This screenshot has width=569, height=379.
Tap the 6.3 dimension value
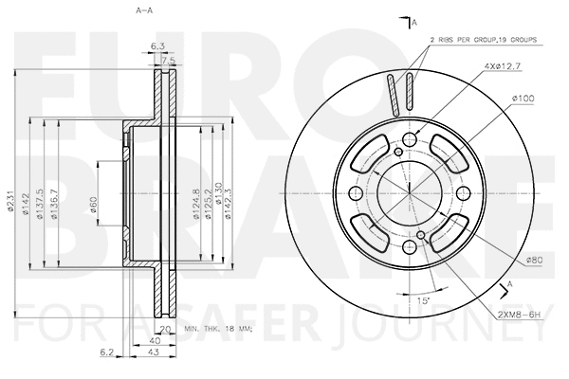[157, 45]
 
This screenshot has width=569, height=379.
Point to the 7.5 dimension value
[169, 61]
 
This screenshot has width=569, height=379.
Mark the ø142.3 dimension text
[230, 202]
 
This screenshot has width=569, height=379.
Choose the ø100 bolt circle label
[523, 99]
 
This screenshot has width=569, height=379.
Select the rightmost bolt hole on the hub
[462, 193]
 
